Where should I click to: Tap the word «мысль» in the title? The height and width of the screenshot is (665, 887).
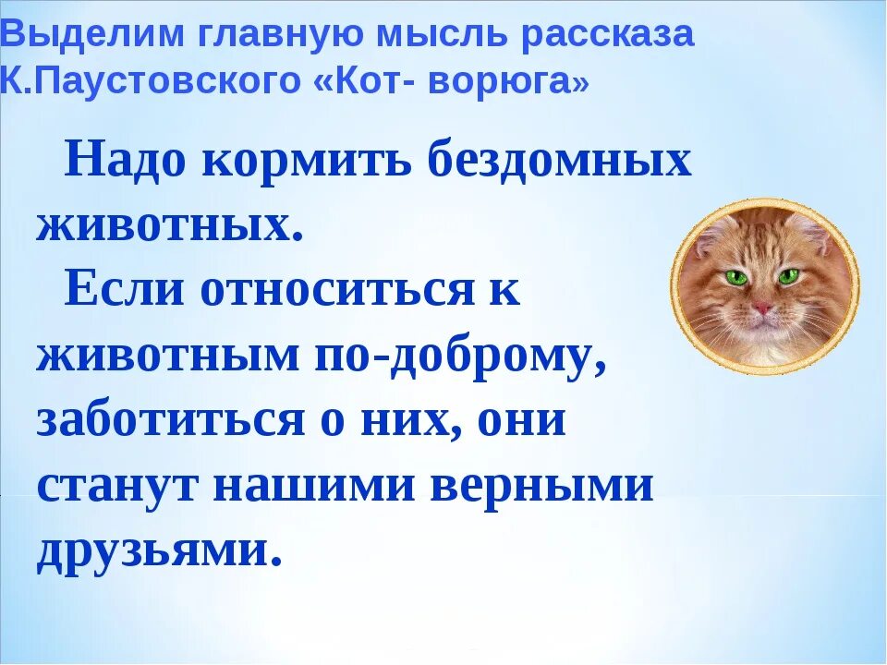click(x=460, y=36)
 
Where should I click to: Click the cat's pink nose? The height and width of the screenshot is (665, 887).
click(x=763, y=307)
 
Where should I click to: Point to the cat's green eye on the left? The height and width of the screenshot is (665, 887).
click(x=736, y=276)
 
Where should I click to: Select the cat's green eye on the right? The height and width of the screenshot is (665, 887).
click(x=788, y=276)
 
